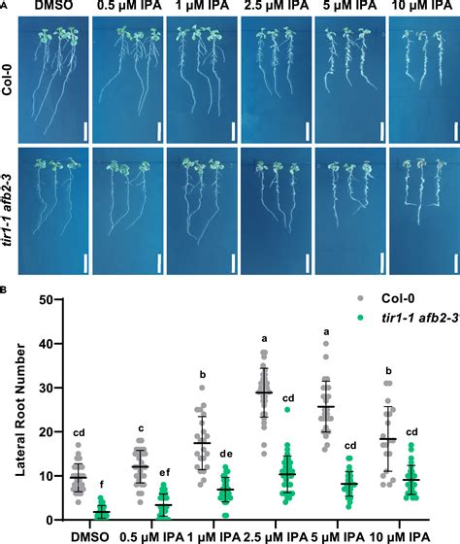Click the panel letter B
[x=7, y=289]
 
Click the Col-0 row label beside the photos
[x=11, y=79]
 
